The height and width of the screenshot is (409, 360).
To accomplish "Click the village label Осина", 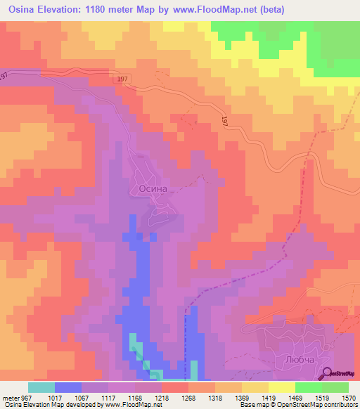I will (x=148, y=189).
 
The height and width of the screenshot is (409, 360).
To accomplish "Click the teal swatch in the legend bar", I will (x=41, y=387).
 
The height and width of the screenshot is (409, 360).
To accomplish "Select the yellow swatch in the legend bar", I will (x=282, y=387).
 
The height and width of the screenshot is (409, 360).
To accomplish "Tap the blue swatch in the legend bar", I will (x=68, y=387).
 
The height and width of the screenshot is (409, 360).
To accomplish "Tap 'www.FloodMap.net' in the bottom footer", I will (x=128, y=404).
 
